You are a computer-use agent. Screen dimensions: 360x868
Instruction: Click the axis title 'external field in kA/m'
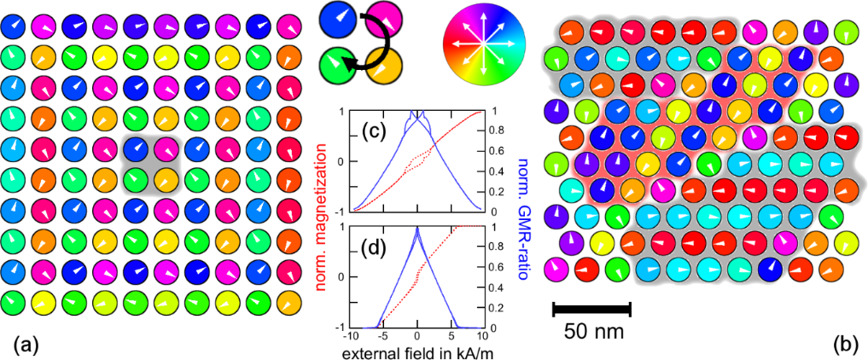pyautogui.click(x=415, y=351)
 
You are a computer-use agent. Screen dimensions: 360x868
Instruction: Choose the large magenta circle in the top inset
pyautogui.click(x=384, y=19)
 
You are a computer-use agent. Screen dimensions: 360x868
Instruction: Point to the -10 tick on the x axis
pyautogui.click(x=350, y=336)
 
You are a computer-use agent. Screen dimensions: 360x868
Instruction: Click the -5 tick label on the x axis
pyautogui.click(x=383, y=336)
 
